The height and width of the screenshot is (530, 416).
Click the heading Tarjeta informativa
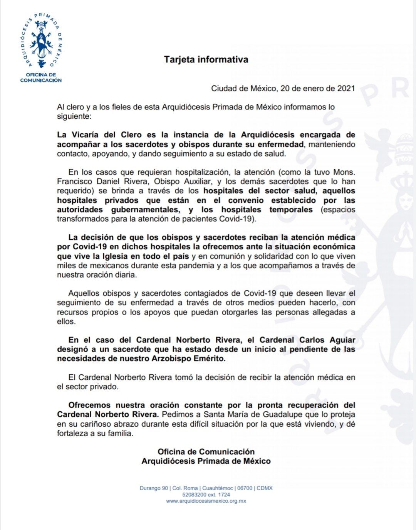pos(206,60)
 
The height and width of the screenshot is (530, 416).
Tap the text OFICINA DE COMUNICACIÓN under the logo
pos(41,77)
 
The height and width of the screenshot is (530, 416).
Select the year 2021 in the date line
pos(346,88)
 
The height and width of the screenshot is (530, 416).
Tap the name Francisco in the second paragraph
pos(73,182)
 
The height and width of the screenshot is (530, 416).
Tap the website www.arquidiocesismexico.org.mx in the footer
pos(206,501)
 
